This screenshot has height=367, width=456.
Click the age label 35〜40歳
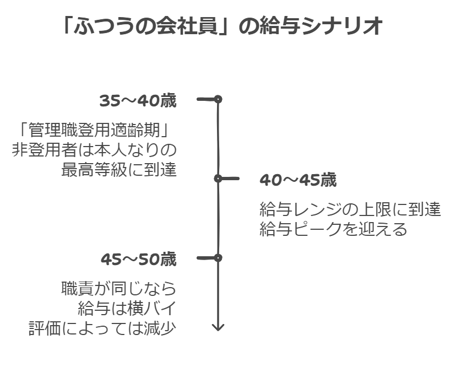pyautogui.click(x=138, y=101)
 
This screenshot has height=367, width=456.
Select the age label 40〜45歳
pyautogui.click(x=298, y=180)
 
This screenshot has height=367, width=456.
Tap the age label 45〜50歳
pyautogui.click(x=138, y=260)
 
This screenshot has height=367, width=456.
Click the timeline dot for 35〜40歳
pyautogui.click(x=218, y=99)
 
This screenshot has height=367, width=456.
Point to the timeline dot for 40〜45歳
pyautogui.click(x=218, y=179)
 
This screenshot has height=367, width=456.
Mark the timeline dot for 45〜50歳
pyautogui.click(x=218, y=257)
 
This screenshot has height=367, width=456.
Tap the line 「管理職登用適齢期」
pyautogui.click(x=91, y=131)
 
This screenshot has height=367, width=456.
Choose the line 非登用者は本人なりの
pyautogui.click(x=94, y=150)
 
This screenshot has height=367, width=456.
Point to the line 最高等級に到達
pyautogui.click(x=119, y=169)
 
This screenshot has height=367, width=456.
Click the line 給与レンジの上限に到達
pyautogui.click(x=350, y=209)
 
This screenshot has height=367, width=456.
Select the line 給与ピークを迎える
pyautogui.click(x=333, y=229)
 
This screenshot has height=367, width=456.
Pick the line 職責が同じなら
pyautogui.click(x=118, y=289)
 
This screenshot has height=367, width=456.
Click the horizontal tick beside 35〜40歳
pyautogui.click(x=205, y=99)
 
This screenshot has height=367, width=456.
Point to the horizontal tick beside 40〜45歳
pyautogui.click(x=230, y=179)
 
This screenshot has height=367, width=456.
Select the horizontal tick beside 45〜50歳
pyautogui.click(x=205, y=257)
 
